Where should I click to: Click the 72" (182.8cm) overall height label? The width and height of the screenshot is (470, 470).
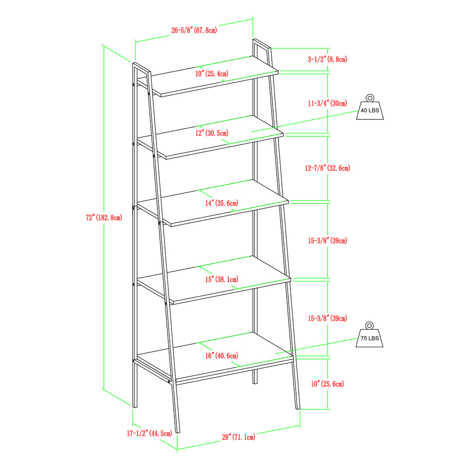coord(104,218)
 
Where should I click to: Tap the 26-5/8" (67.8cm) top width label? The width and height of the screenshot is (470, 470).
coord(194,30)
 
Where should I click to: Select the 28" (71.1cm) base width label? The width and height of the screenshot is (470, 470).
coord(239,437)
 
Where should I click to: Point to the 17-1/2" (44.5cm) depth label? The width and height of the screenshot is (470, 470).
coord(149,433)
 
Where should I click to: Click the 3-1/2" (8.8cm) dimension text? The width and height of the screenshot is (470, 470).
coord(328,59)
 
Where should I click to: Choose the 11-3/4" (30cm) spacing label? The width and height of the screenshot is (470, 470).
coord(328,103)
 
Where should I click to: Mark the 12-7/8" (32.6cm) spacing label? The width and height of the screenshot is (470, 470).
coord(328,168)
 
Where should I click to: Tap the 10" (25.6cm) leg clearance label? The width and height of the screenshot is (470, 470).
coord(328,384)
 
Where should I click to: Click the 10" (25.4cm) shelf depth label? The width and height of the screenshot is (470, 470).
coord(212,74)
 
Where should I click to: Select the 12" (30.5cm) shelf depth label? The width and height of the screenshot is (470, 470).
coord(212,133)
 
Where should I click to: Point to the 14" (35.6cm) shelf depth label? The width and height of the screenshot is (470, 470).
coord(222,203)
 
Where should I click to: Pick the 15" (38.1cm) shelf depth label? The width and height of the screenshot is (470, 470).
coord(222,279)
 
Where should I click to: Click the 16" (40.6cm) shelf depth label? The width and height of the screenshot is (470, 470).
coord(222,356)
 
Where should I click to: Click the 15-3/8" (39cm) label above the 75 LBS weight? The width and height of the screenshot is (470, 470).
coord(328,318)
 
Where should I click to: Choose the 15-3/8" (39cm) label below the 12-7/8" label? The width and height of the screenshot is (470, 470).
coord(328,241)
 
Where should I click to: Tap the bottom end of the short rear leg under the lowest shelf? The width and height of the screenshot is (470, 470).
coord(255,384)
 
